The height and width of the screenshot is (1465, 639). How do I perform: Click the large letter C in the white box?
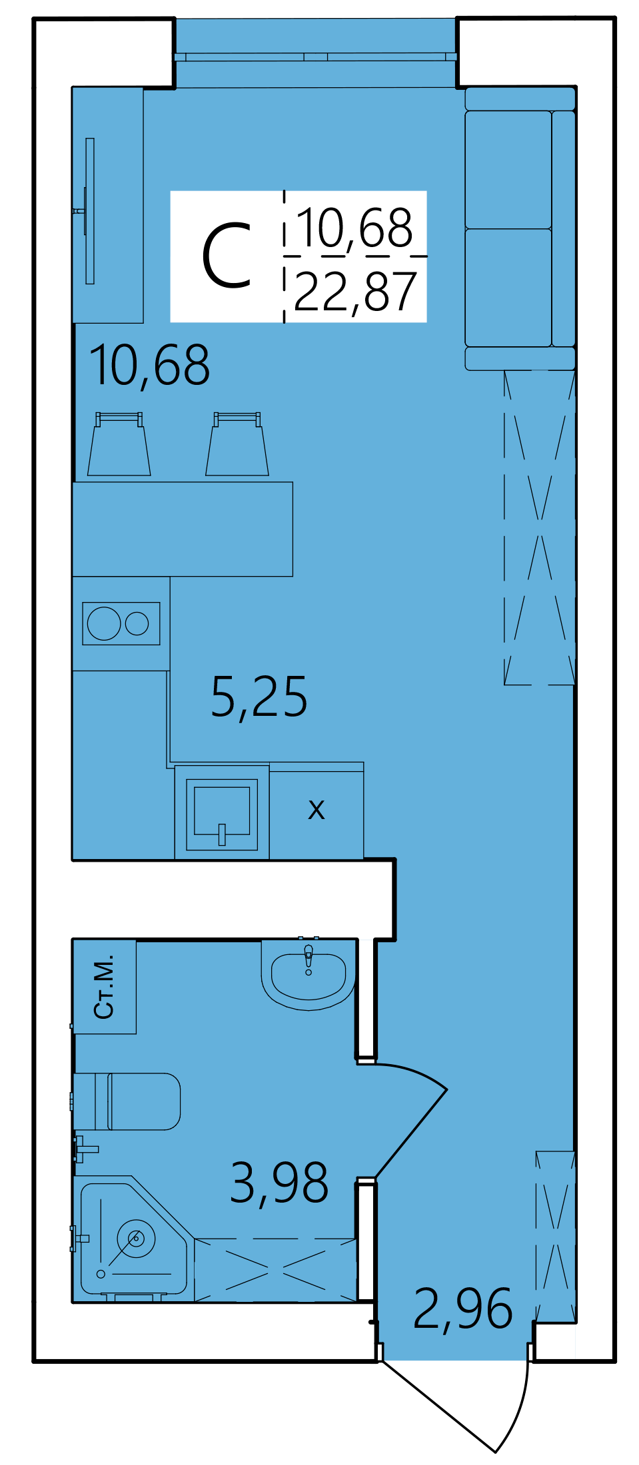pyautogui.click(x=227, y=257)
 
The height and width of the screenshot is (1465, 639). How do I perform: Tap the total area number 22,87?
pyautogui.click(x=355, y=292)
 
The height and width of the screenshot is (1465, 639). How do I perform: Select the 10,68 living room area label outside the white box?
pyautogui.click(x=150, y=366)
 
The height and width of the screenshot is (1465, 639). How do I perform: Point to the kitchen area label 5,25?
pyautogui.click(x=259, y=697)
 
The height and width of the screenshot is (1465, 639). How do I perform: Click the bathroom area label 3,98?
pyautogui.click(x=279, y=1183)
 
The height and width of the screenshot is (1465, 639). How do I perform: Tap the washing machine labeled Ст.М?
pyautogui.click(x=105, y=986)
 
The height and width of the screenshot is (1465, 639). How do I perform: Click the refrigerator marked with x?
pyautogui.click(x=317, y=812)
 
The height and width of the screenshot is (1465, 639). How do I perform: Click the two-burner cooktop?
pyautogui.click(x=121, y=623)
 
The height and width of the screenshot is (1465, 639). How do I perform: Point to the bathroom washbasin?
pyautogui.click(x=308, y=974)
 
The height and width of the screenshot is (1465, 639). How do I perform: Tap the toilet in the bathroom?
pyautogui.click(x=127, y=1101)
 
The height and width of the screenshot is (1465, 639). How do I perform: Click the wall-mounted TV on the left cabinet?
pyautogui.click(x=90, y=211)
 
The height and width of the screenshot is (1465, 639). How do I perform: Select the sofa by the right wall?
pyautogui.click(x=520, y=228)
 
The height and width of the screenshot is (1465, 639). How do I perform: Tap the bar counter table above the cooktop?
pyautogui.click(x=183, y=529)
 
